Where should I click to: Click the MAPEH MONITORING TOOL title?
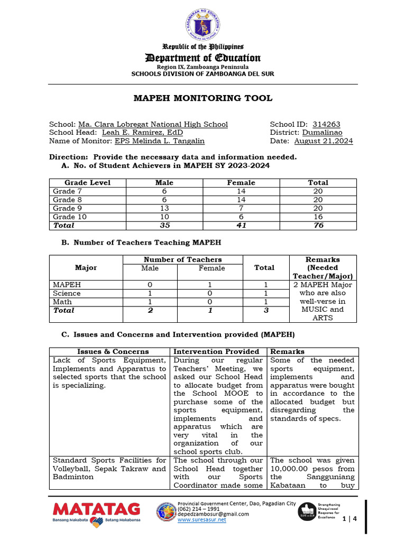click(203, 98)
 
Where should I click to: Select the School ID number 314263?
click(327, 124)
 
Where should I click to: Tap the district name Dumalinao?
click(322, 133)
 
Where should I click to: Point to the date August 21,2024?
click(323, 141)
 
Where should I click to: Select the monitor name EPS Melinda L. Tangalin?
click(159, 141)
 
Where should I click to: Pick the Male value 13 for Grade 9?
click(164, 208)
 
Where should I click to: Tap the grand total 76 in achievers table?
click(318, 226)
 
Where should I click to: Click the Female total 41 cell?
click(241, 226)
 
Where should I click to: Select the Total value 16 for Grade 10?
click(318, 217)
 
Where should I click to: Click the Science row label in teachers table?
click(67, 293)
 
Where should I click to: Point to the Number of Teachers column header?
click(182, 259)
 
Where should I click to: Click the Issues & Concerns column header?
click(113, 351)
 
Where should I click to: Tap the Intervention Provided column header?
click(216, 351)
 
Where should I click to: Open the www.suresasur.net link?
click(202, 520)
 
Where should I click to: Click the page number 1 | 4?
click(350, 519)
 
